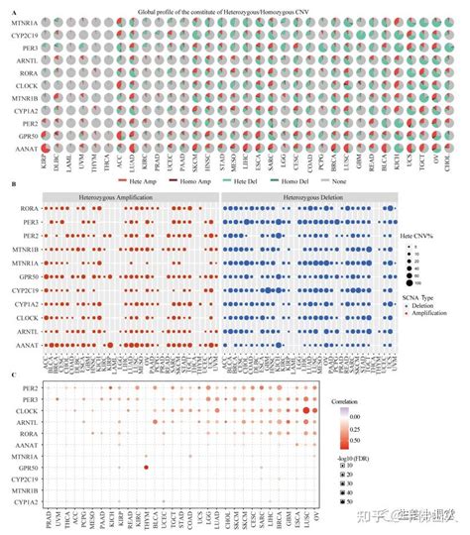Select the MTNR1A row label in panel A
point(26,21)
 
